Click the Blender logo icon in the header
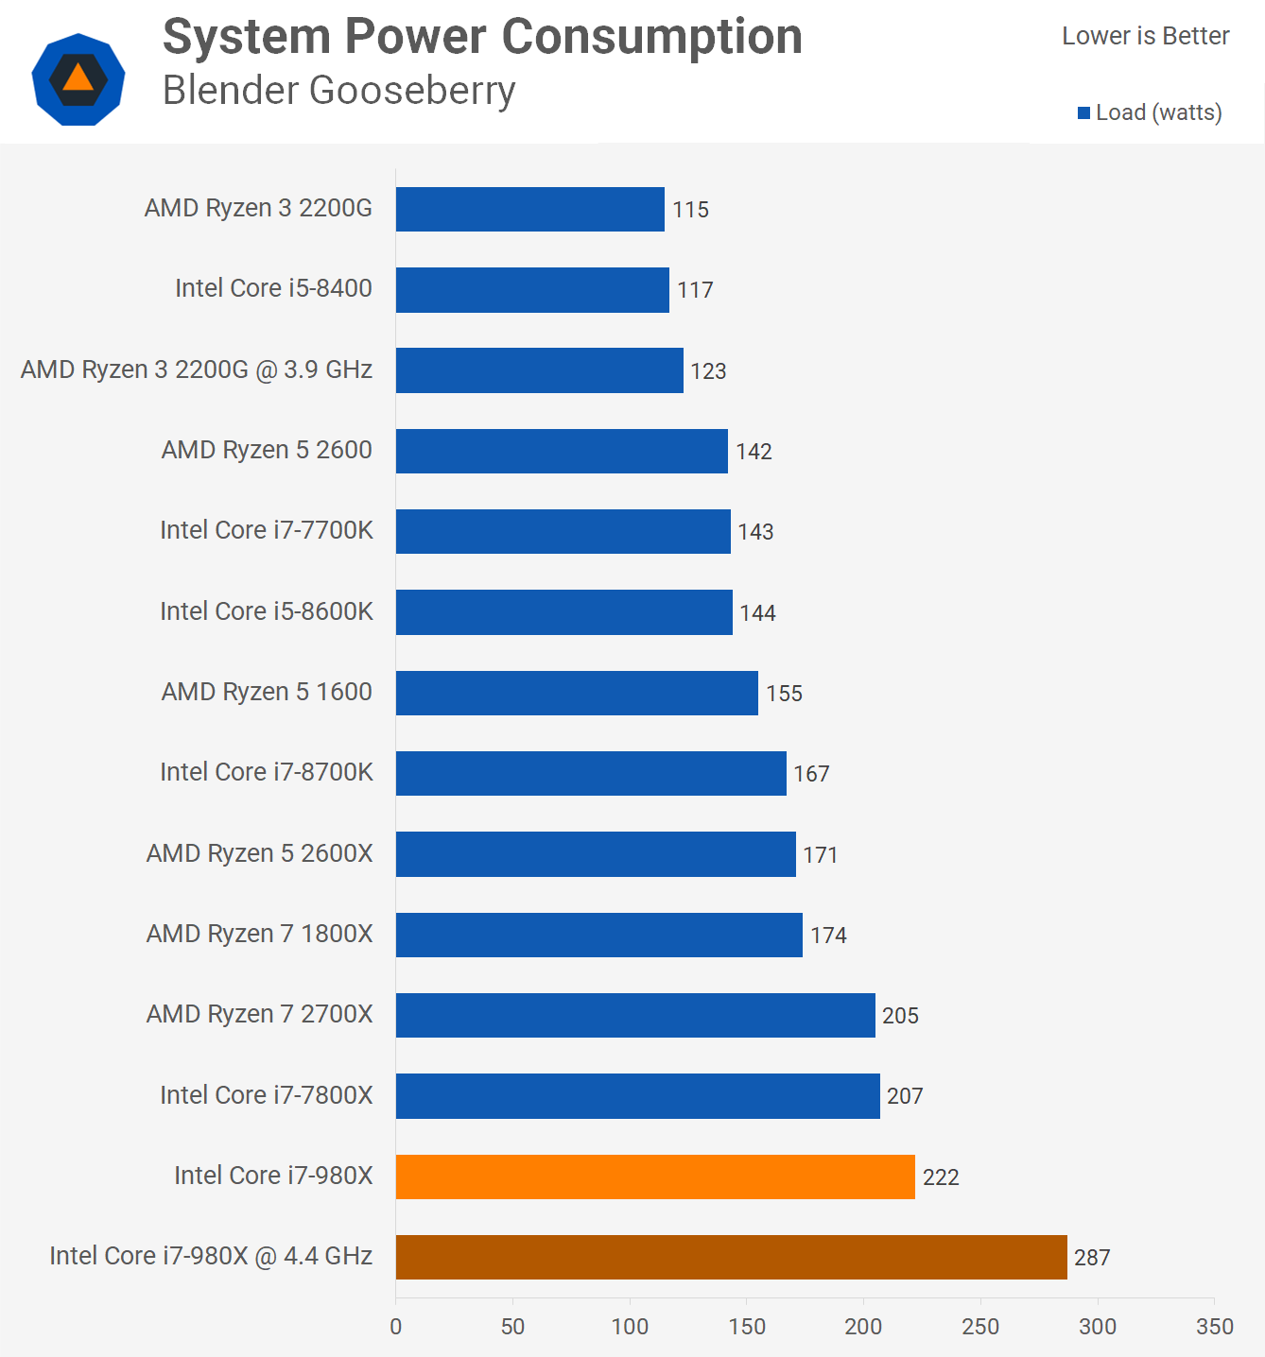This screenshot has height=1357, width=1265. (78, 79)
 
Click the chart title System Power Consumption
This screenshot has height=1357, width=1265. (482, 37)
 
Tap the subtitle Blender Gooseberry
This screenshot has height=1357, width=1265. (338, 91)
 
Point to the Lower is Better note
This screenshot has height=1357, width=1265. (1145, 36)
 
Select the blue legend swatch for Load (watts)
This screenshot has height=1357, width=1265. (1083, 113)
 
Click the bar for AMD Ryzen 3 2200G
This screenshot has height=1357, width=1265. (529, 209)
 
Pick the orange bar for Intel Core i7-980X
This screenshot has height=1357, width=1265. (655, 1177)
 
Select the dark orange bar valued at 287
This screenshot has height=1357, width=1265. (731, 1257)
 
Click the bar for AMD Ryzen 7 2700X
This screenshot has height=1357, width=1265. (635, 1015)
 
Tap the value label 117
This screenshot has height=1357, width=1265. (695, 290)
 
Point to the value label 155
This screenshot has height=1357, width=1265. (784, 694)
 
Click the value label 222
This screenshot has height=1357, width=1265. (941, 1177)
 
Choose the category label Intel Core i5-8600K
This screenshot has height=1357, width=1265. (267, 611)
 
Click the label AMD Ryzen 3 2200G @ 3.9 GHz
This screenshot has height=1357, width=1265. (197, 369)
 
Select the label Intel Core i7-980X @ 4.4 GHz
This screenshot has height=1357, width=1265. (211, 1256)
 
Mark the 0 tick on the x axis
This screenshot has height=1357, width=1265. (396, 1327)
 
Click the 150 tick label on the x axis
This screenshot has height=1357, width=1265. (747, 1327)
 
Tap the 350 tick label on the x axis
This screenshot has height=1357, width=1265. (1214, 1327)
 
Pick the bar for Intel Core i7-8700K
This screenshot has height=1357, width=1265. (591, 773)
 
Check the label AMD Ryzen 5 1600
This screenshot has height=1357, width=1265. (267, 692)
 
